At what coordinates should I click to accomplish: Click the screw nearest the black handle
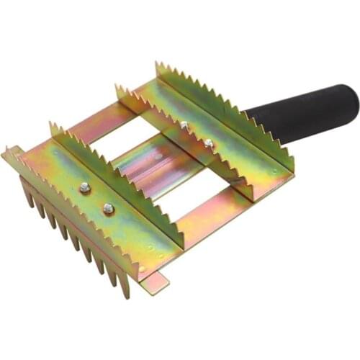pos(209,143)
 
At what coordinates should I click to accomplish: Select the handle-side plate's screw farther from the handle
pos(185,126)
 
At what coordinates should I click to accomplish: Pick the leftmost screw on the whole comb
pos(84,188)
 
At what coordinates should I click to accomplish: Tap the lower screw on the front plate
pos(108,209)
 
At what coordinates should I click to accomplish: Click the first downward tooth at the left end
pos(27,193)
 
